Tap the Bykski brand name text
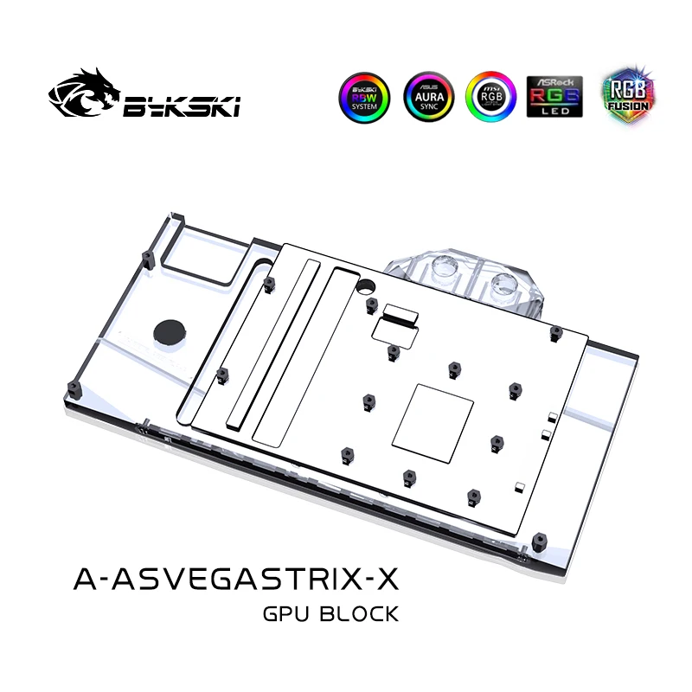tap(183, 106)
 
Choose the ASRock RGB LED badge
tap(554, 97)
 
